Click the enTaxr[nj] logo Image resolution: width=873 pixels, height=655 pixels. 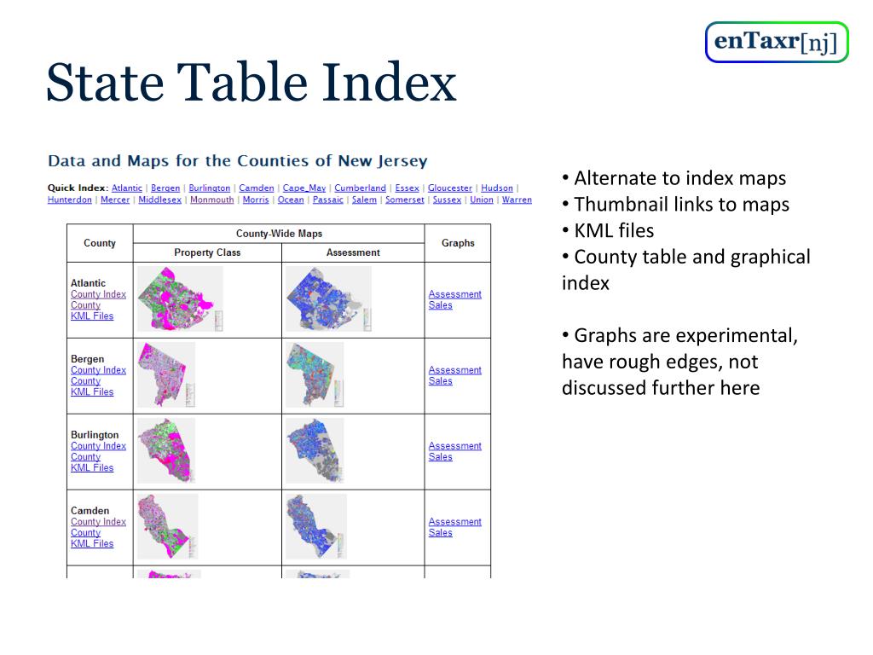click(x=777, y=42)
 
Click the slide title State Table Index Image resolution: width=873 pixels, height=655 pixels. click(x=251, y=84)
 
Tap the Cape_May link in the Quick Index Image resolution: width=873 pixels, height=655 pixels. click(x=304, y=188)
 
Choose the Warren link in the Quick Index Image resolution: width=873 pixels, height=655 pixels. click(x=517, y=200)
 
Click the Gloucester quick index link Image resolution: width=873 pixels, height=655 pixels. click(x=449, y=188)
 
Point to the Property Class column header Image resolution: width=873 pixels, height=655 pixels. click(x=207, y=252)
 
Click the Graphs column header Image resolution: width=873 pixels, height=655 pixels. click(x=458, y=243)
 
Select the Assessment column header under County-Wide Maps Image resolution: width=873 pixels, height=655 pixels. click(x=353, y=252)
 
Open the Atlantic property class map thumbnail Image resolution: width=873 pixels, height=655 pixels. click(x=180, y=299)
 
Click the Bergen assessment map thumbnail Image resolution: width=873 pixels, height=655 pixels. click(x=314, y=374)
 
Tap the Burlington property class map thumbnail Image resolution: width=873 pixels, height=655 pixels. click(x=167, y=450)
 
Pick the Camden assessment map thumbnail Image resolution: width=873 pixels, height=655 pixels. click(x=315, y=526)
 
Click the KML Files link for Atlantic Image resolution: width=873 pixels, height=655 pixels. click(x=92, y=316)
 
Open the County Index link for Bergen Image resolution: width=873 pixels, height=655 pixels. click(x=98, y=370)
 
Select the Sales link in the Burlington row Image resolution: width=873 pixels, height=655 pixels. click(x=441, y=457)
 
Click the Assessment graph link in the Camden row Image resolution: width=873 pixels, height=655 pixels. click(x=454, y=522)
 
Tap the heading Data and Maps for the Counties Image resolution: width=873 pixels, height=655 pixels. click(x=238, y=160)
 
